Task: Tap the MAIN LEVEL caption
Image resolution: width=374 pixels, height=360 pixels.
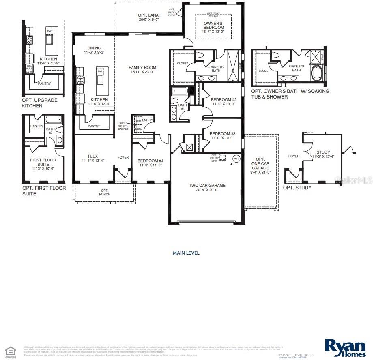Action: (186, 253)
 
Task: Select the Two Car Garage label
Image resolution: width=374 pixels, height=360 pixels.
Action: (207, 188)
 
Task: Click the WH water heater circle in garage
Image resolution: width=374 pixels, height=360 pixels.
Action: (236, 159)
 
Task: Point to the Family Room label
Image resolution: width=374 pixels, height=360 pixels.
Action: (142, 70)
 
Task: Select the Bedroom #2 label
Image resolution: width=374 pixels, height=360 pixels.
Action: (224, 101)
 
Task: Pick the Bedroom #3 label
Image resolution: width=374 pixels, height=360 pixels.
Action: (223, 136)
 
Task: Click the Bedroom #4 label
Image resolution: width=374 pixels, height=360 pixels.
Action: (150, 162)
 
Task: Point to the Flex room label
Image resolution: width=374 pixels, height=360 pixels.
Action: (93, 159)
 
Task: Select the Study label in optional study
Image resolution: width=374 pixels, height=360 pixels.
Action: (323, 154)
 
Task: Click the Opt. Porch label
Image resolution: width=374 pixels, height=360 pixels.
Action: (105, 192)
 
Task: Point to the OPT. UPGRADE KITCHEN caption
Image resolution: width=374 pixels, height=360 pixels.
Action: (39, 103)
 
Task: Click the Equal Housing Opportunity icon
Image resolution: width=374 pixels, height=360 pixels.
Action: (11, 351)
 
